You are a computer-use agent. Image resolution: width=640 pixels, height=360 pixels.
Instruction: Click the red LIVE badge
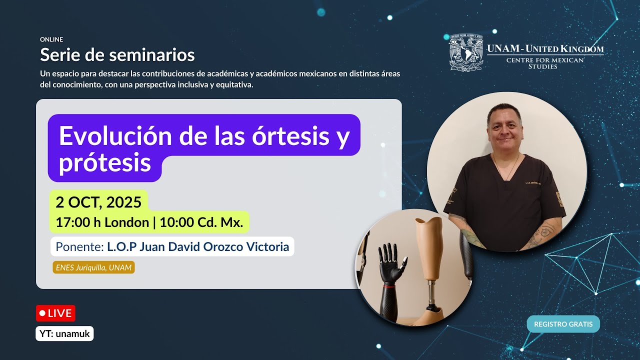click(x=55, y=313)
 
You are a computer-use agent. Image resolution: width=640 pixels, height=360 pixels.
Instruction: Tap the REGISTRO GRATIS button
click(x=563, y=324)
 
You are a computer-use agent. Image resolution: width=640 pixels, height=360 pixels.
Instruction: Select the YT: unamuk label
click(x=64, y=333)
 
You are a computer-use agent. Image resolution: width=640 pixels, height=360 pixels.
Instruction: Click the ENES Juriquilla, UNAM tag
click(x=93, y=267)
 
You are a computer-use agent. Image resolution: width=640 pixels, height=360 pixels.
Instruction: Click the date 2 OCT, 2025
click(x=98, y=202)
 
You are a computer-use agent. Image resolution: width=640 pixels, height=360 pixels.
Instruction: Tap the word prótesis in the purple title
click(x=105, y=162)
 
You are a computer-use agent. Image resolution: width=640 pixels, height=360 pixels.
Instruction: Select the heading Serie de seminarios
click(x=117, y=54)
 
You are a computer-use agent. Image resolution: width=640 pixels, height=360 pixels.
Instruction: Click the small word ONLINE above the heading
click(x=51, y=39)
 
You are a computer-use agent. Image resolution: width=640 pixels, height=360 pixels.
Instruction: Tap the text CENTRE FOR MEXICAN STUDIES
click(x=545, y=63)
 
